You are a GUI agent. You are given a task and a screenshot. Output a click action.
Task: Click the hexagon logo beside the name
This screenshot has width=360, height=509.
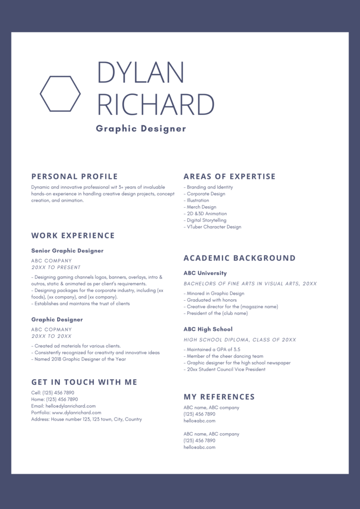coord(60,93)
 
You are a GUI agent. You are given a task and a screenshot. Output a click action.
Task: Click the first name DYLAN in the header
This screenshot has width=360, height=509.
coord(141,73)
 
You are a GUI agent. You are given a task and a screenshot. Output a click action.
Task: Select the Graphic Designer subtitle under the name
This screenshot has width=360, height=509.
coord(141,129)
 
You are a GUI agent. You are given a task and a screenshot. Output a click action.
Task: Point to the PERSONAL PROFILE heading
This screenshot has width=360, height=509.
coord(75,176)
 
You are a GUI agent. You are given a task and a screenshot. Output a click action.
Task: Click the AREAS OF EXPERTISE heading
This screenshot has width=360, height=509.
coord(229,176)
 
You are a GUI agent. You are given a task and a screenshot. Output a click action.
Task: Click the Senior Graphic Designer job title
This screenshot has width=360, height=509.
coord(68,251)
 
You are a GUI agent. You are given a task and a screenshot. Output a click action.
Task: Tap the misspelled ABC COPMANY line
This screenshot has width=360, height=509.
coord(52,330)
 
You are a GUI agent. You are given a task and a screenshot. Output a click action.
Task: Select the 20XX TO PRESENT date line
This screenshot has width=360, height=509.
coord(56,267)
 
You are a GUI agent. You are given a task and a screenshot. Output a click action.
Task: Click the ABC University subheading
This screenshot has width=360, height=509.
coord(205,273)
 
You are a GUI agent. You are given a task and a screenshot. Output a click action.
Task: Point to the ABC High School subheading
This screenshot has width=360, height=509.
coord(208,329)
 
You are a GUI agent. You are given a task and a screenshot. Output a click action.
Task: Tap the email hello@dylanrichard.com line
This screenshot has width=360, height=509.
coord(64,406)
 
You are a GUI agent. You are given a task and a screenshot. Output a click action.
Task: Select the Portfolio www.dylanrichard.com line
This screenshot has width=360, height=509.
coord(66,413)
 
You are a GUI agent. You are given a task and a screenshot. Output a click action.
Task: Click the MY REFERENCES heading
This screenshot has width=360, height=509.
coord(219,397)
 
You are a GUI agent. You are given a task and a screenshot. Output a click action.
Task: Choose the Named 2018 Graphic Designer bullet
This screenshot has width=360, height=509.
coord(79,359)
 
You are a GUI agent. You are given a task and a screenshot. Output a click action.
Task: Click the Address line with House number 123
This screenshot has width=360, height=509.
coord(87,420)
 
